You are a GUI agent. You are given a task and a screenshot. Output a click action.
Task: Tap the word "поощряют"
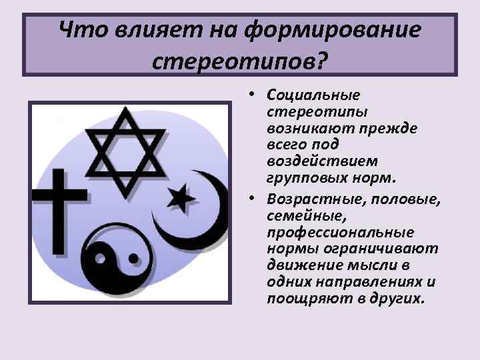[x=298, y=297]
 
